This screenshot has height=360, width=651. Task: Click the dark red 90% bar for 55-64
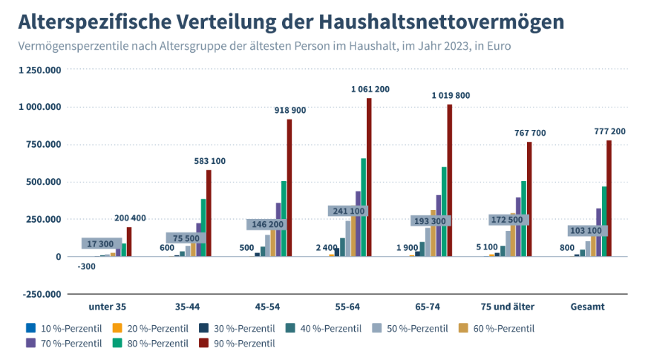[369, 178]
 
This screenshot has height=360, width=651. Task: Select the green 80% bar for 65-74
[444, 212]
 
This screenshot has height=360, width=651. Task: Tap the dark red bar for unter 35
[129, 242]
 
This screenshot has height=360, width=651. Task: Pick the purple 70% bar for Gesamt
[598, 232]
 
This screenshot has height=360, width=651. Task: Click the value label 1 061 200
[370, 89]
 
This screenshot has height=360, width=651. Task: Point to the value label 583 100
[210, 160]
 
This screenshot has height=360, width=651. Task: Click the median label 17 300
[100, 243]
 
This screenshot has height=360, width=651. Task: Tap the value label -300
[85, 266]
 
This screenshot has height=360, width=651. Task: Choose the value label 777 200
[609, 131]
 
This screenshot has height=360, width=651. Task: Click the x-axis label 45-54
[267, 306]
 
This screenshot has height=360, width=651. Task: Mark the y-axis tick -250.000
[42, 294]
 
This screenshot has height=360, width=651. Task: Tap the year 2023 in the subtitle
[434, 46]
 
